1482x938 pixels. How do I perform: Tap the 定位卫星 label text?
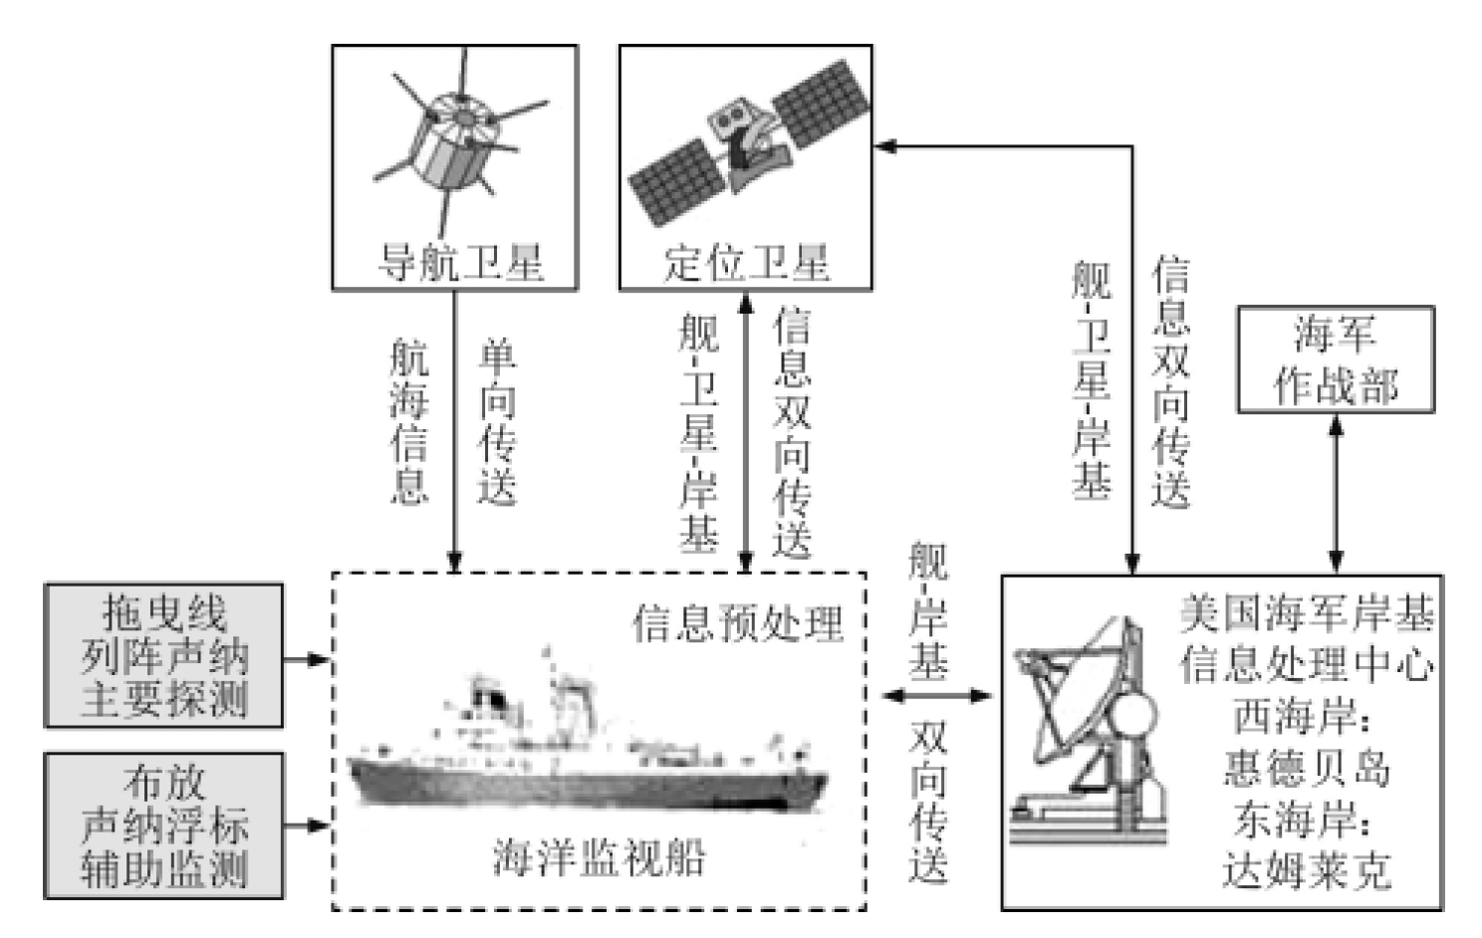tap(746, 263)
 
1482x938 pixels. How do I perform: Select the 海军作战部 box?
tap(1335, 359)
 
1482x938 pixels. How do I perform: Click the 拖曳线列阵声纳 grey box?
tap(164, 656)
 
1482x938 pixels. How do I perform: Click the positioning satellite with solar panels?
tap(747, 139)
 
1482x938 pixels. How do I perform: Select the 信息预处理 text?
tap(738, 623)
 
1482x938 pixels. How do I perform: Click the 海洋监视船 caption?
tap(599, 857)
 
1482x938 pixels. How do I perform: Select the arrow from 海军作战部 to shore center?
tap(1336, 493)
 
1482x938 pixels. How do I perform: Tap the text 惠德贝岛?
tap(1306, 769)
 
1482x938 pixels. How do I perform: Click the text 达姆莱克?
tap(1306, 872)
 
